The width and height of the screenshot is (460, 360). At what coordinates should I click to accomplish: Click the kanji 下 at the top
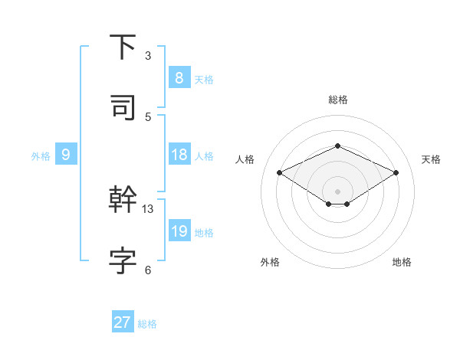tap(123, 47)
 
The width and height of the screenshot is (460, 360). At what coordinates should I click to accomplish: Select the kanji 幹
tap(123, 200)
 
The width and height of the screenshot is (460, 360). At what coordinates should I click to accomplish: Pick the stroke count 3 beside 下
tap(148, 56)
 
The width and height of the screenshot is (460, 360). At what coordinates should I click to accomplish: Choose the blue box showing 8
tap(179, 78)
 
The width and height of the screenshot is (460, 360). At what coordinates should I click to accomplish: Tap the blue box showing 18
tap(179, 155)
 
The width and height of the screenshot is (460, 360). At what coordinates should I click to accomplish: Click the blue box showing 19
tap(179, 231)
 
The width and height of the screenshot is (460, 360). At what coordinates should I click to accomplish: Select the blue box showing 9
tap(66, 155)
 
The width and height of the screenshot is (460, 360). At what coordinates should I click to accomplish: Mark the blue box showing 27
tap(123, 322)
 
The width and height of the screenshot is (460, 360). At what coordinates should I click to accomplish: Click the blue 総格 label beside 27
tap(147, 324)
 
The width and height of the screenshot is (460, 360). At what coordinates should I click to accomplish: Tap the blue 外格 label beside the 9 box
tap(41, 156)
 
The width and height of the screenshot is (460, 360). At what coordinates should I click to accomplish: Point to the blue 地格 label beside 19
tap(205, 233)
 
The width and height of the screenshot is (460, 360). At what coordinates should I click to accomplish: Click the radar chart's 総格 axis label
tap(337, 100)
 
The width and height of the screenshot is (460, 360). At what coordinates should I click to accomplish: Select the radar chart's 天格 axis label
tap(431, 159)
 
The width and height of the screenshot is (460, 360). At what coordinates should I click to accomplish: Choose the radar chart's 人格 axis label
tap(245, 159)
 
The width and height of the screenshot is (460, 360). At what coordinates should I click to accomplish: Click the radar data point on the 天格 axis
tap(396, 173)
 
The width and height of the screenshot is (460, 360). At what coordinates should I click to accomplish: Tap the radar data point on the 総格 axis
tap(337, 146)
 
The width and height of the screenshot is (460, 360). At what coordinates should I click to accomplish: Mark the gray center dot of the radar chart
tap(337, 191)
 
